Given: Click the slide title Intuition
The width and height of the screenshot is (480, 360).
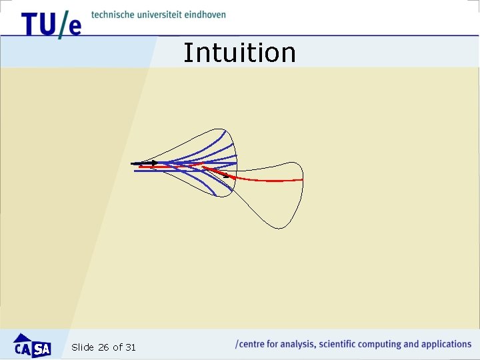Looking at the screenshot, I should [239, 53].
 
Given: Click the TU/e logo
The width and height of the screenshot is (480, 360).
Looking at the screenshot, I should [51, 24].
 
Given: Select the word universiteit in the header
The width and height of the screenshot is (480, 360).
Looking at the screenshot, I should [162, 15].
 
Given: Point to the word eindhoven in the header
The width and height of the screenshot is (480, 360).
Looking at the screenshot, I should [207, 15].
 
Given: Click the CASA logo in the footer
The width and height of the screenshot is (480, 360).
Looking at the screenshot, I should [32, 345].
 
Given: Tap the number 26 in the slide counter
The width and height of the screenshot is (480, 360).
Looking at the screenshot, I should [103, 347].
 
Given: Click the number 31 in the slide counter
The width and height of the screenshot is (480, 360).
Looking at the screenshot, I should [130, 347].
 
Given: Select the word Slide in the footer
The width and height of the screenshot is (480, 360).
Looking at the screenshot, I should [83, 347].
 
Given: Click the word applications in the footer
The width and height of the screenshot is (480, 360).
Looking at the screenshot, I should [446, 345].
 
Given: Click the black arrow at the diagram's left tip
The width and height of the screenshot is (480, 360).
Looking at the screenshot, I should [145, 163].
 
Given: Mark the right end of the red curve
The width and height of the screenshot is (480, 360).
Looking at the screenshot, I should [302, 180].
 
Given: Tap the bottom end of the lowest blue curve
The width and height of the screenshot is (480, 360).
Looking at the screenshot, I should [215, 195].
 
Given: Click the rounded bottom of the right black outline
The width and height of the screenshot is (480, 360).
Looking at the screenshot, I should [281, 227].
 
